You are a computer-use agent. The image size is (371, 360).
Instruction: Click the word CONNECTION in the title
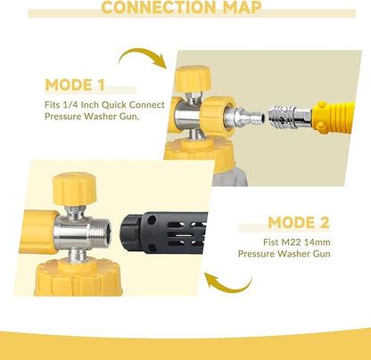(159, 7)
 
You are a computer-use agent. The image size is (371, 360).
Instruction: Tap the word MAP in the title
(243, 7)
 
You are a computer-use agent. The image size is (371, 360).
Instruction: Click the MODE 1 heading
(75, 85)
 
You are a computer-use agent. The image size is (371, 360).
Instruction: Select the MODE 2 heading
(299, 222)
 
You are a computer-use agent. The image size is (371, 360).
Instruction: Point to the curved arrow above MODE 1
(141, 52)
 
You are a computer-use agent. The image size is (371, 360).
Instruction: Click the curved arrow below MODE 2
(230, 287)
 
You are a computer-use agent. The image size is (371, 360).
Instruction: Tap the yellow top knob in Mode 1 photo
(193, 78)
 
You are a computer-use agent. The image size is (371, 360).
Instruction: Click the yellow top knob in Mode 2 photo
(74, 189)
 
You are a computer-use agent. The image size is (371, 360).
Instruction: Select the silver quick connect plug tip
(243, 118)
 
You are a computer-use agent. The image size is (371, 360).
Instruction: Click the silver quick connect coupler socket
(289, 117)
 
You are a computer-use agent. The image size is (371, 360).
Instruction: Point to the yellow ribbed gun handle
(334, 118)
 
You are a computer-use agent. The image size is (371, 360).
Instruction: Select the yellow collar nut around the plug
(217, 117)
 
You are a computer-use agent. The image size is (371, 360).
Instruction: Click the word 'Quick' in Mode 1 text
(114, 105)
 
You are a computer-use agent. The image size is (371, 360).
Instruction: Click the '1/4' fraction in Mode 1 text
(70, 105)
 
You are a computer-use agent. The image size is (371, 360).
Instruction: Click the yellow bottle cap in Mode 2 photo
(78, 277)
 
